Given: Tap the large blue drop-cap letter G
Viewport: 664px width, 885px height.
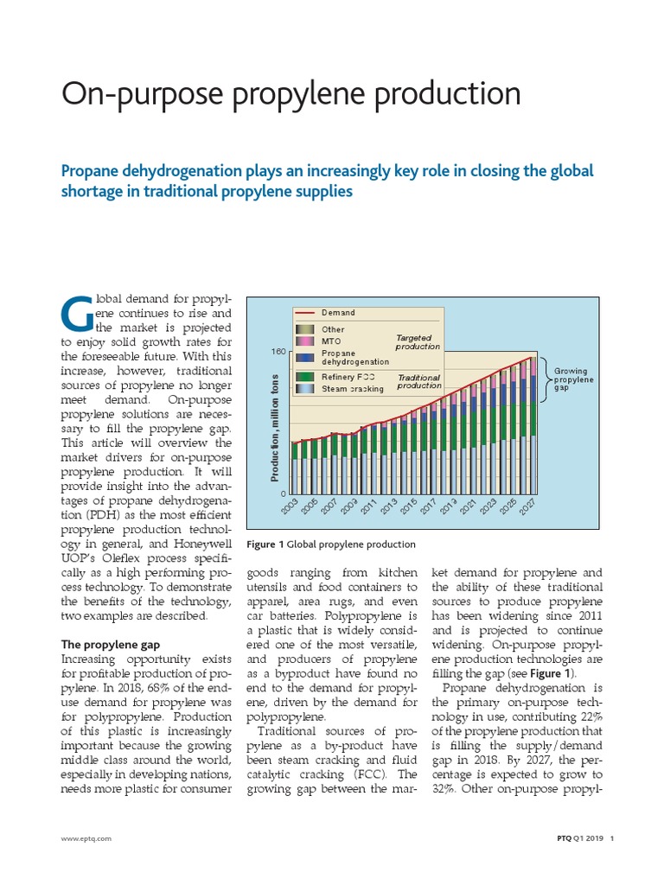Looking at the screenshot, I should (78, 315).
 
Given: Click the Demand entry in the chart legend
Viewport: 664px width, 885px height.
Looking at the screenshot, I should (338, 313).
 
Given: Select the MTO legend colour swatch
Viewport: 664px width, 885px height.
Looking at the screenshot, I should (305, 341).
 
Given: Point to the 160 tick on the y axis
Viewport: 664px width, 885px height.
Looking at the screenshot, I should (278, 353).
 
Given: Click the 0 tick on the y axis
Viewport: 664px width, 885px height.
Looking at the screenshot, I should (283, 493).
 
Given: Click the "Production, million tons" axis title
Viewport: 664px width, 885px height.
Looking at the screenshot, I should (276, 427).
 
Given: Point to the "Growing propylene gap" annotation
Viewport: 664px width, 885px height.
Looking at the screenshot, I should (571, 379).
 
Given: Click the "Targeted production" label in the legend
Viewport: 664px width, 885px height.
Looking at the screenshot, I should (418, 342).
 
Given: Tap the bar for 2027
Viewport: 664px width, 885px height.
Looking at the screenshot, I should (533, 423).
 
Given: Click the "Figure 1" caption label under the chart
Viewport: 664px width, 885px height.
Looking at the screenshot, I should (265, 544).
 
